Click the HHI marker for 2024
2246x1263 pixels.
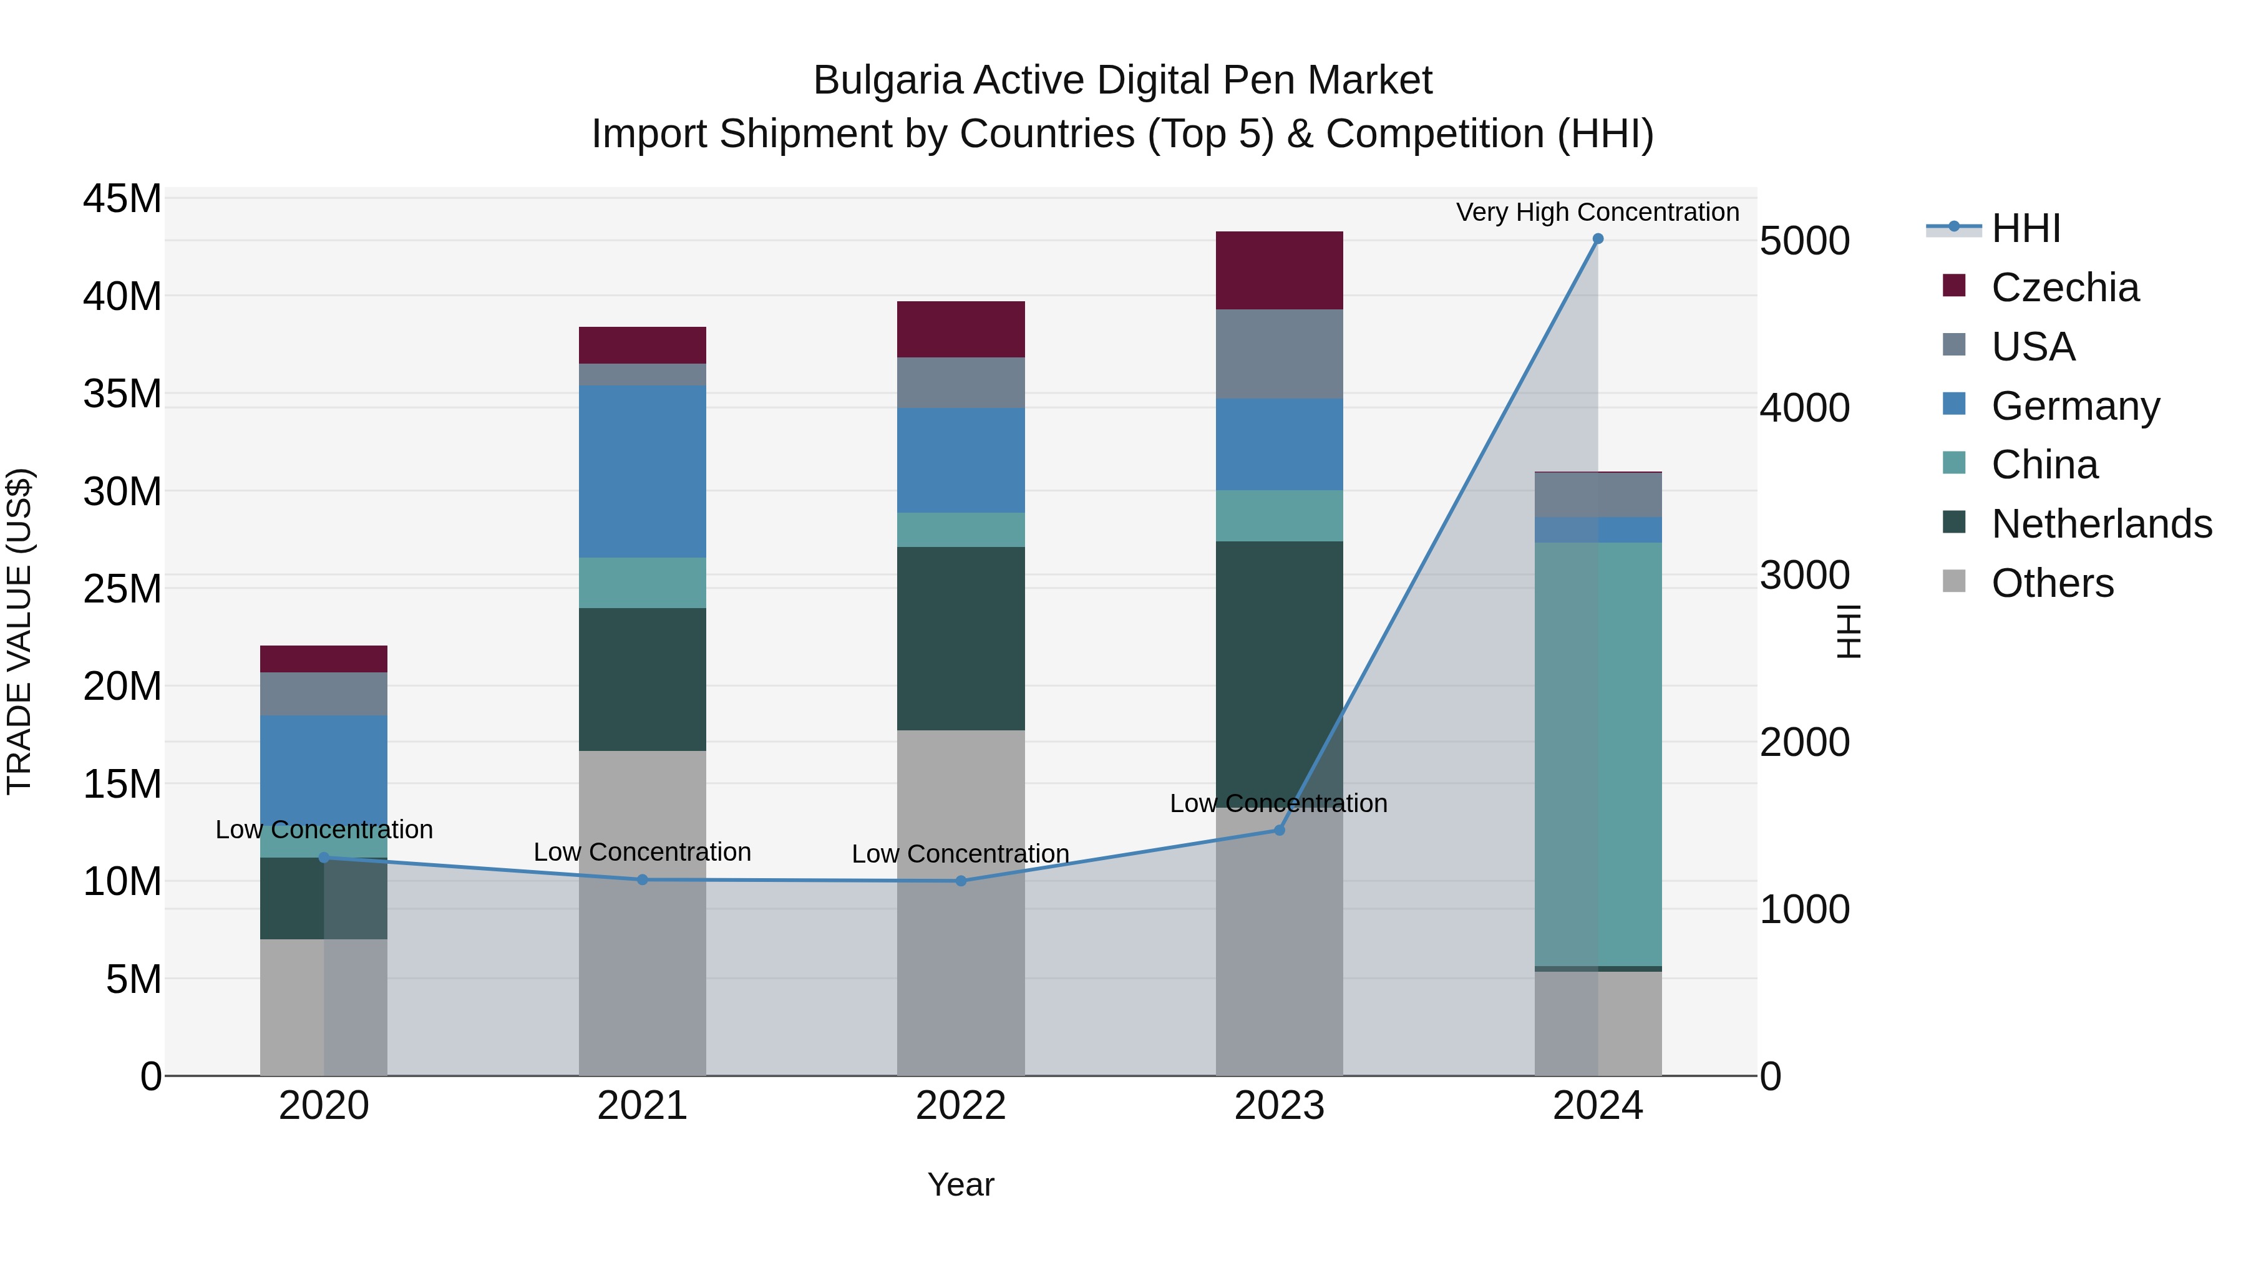click(1597, 239)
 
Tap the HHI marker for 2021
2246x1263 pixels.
click(643, 879)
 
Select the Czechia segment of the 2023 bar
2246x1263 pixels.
click(1279, 270)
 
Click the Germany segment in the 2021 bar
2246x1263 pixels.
click(643, 472)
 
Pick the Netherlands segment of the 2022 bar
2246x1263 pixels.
click(961, 638)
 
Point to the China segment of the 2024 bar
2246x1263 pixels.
click(1597, 754)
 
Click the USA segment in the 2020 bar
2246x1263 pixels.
click(323, 694)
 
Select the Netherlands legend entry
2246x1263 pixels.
click(2101, 524)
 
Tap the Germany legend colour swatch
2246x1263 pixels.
click(1954, 404)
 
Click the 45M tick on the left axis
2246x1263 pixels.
click(122, 199)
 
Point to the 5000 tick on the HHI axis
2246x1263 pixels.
click(1804, 241)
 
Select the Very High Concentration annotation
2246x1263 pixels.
click(1597, 212)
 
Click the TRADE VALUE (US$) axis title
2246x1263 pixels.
click(19, 631)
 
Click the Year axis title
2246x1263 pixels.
click(961, 1184)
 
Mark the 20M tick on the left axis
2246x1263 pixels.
click(122, 687)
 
